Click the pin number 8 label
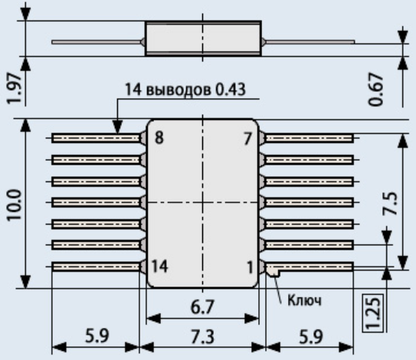(159, 138)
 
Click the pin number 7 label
(247, 139)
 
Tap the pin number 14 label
(159, 266)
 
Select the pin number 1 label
(250, 267)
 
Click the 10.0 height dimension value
(15, 205)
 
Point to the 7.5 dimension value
(390, 203)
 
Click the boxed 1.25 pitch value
(373, 313)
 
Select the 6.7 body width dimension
(202, 307)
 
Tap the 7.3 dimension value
(202, 337)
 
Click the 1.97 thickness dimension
(14, 88)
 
